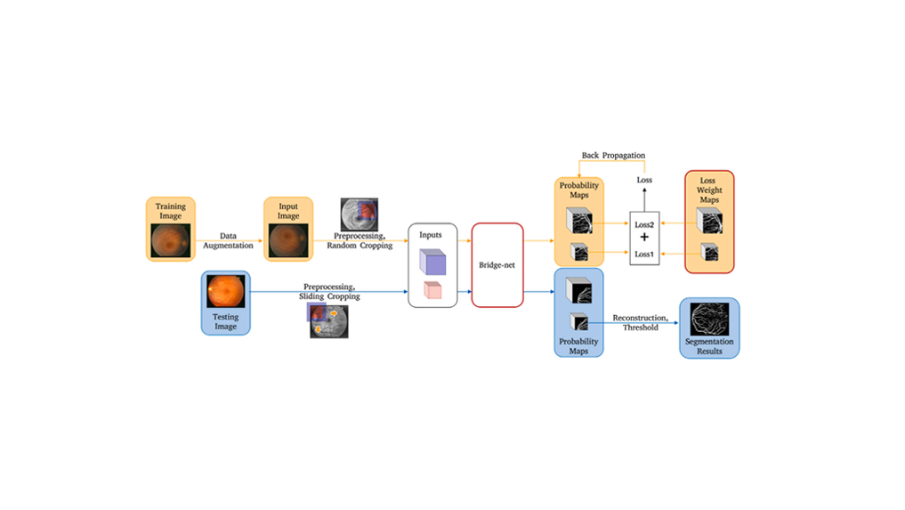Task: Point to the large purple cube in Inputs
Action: [x=432, y=262]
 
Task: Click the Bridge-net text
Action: [x=497, y=265]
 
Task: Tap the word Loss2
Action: [x=645, y=225]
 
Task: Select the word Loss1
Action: [x=645, y=255]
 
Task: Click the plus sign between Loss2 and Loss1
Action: [x=645, y=239]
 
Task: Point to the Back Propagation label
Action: [x=613, y=156]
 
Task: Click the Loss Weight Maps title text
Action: [x=708, y=190]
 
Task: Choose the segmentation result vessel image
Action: [x=709, y=320]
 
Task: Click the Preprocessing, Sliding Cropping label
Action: [x=329, y=292]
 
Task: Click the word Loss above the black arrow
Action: [x=645, y=181]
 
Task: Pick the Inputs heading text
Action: [x=431, y=235]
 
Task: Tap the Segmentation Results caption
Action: [x=709, y=346]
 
